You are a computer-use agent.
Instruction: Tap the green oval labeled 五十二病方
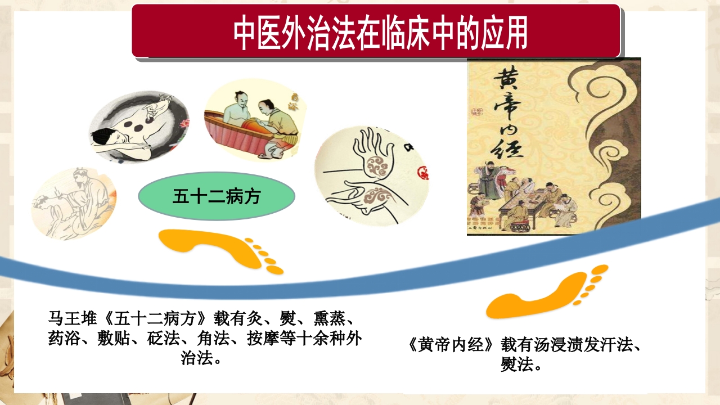tap(217, 196)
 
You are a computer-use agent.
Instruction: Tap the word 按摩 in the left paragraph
tap(259, 339)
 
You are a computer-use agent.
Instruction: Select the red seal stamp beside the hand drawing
tap(422, 169)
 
